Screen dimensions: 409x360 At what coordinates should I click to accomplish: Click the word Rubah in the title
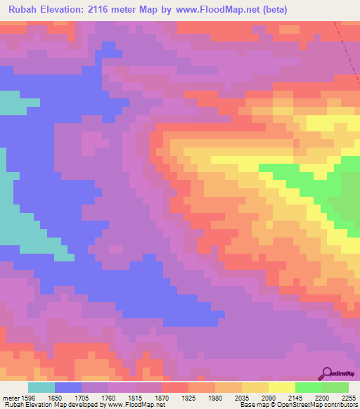click(23, 8)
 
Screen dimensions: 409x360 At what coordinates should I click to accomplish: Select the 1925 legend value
click(188, 397)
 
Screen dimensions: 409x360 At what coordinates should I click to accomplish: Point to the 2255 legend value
click(347, 397)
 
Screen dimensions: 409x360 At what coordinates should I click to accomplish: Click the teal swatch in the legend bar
click(41, 387)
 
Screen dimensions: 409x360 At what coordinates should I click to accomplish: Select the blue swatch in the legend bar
click(68, 387)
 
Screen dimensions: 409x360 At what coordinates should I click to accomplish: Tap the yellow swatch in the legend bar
click(281, 387)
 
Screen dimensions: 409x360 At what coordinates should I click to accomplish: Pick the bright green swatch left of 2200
click(308, 387)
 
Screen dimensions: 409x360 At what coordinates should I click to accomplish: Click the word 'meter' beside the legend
click(10, 397)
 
